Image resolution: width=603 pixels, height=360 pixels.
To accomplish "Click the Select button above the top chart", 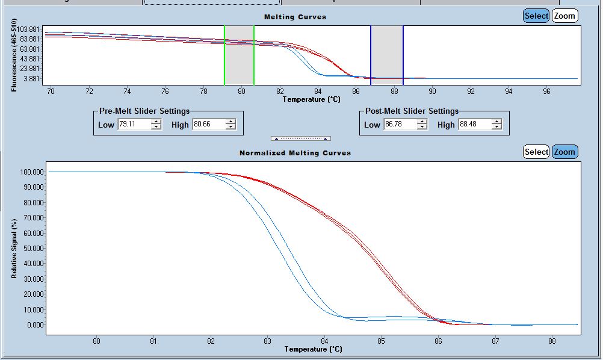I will point(536,16).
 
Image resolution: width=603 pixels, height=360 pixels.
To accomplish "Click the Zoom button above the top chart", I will point(564,16).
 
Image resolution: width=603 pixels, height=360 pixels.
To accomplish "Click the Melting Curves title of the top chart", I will point(295,17).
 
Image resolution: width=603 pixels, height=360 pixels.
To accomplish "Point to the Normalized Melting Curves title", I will point(295,153).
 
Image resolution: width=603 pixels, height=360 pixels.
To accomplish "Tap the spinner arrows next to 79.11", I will point(156,125).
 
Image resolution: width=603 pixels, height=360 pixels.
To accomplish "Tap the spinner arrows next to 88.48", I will point(496,125).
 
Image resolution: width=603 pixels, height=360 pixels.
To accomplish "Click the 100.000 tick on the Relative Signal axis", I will point(32,172).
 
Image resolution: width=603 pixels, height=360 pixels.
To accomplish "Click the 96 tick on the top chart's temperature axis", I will point(546,92).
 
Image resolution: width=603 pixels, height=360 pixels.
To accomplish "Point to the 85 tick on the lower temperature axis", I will point(381,340).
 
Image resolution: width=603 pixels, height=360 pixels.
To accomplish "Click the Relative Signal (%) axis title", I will point(14,248).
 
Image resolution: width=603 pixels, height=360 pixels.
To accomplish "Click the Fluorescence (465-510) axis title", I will point(14,55).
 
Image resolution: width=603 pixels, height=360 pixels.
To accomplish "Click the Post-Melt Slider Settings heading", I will point(412,111).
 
